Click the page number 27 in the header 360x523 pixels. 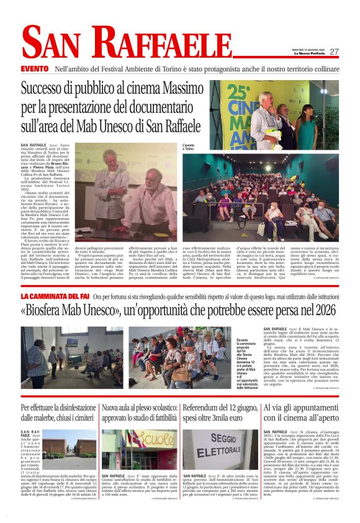[x=334, y=52]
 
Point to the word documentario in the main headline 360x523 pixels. [x=164, y=110]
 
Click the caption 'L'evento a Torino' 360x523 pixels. [x=188, y=148]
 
